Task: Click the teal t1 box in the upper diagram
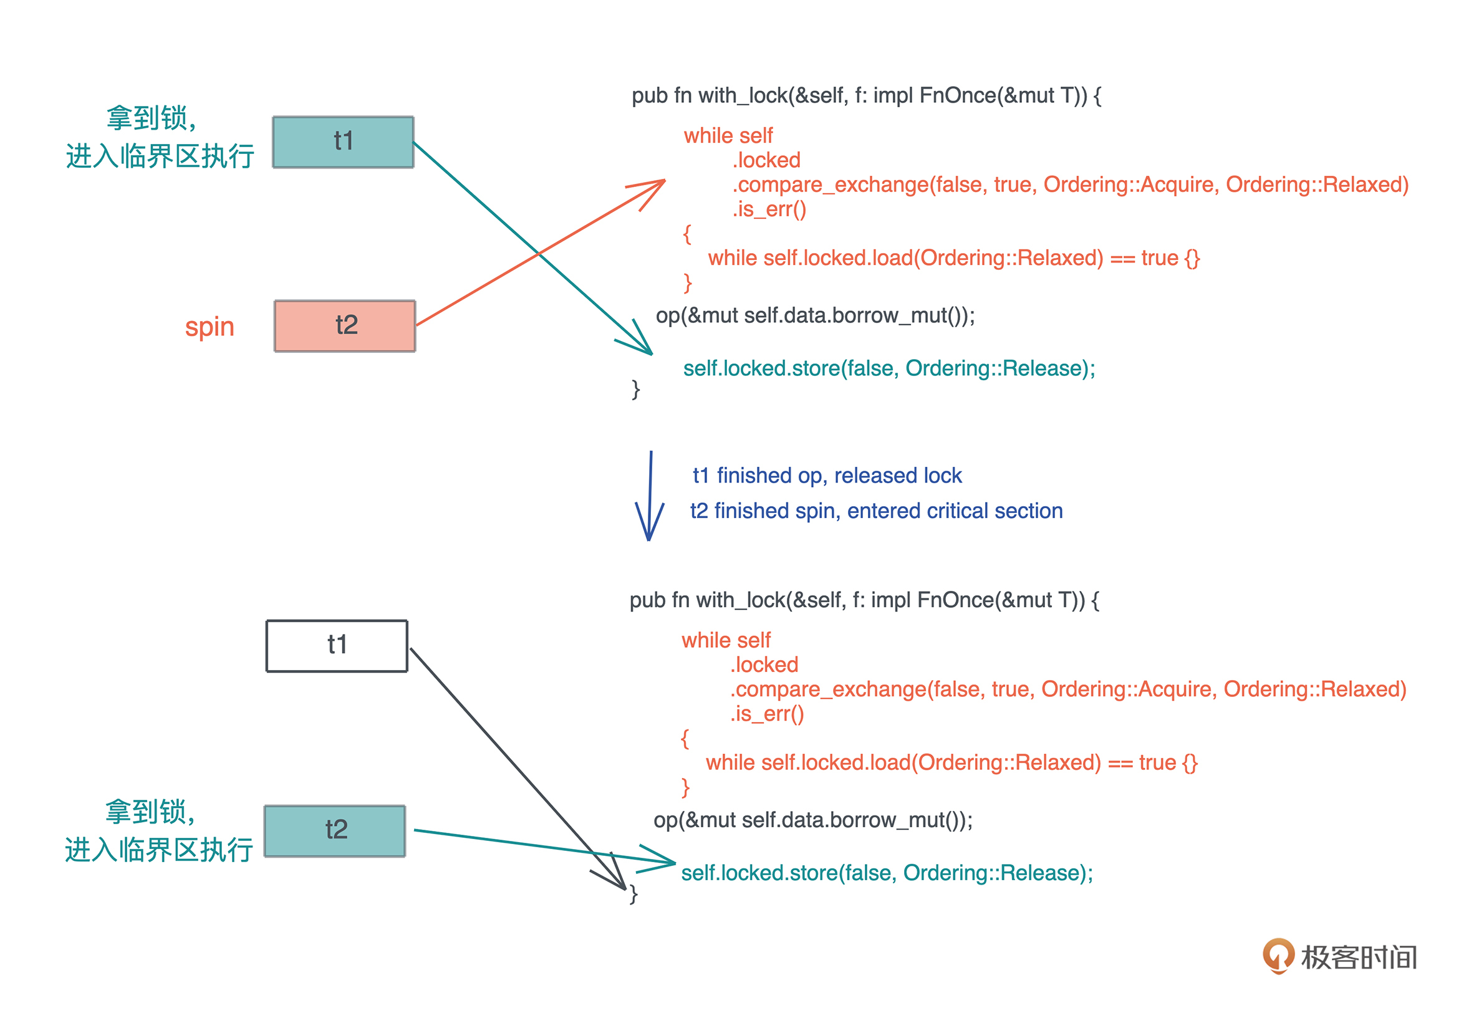[343, 142]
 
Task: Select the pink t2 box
[345, 325]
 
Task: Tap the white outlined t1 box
[337, 645]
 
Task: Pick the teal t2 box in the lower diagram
[335, 831]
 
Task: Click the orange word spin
[210, 327]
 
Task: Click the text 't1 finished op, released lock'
[827, 476]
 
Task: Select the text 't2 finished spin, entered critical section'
[876, 511]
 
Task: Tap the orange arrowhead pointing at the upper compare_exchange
[654, 187]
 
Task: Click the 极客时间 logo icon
[1278, 955]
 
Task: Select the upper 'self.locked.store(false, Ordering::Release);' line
[889, 369]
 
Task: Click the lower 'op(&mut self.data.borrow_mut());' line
[812, 820]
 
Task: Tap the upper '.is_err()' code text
[769, 209]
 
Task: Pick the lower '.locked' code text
[764, 665]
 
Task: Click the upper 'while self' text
[728, 136]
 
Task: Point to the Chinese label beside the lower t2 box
[159, 832]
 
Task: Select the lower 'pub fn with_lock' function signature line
[864, 600]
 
